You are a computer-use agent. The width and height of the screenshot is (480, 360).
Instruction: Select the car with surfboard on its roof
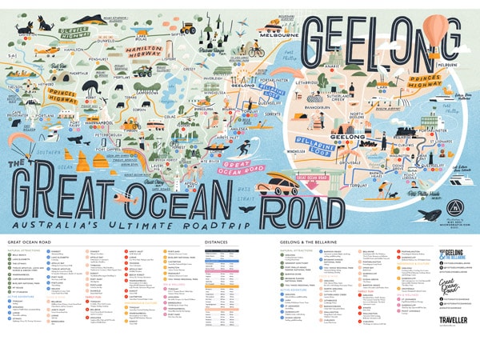(281, 186)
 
